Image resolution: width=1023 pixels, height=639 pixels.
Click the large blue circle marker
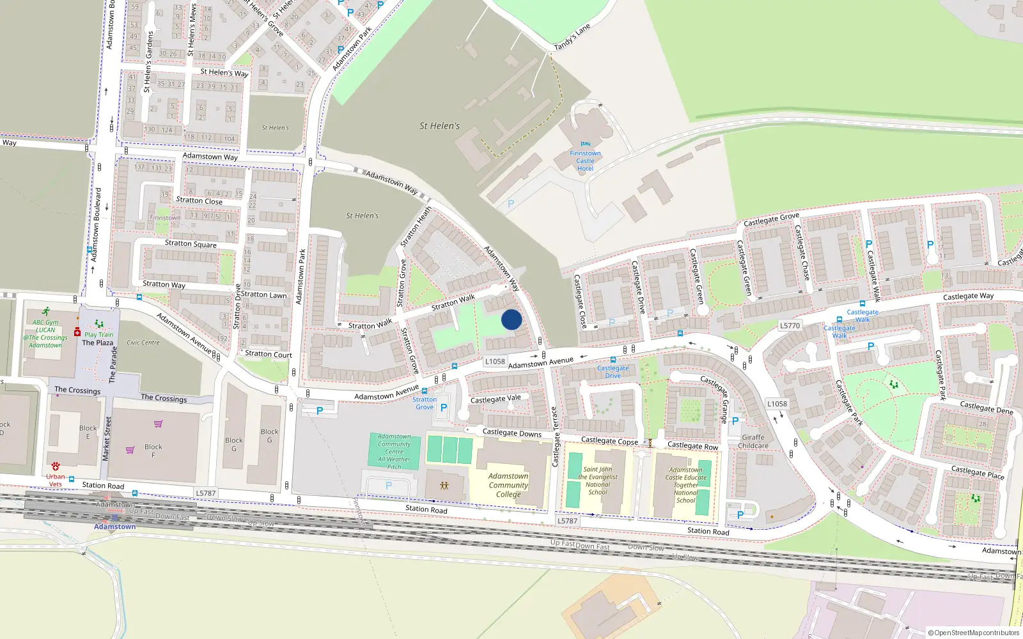point(511,319)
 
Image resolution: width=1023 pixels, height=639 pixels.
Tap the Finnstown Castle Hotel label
point(585,160)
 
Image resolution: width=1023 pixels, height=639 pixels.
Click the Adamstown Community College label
point(508,485)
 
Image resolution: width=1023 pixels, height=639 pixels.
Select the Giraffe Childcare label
point(753,442)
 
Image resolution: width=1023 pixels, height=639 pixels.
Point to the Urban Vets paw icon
point(56,466)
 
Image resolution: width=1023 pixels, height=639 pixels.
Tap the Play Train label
point(98,334)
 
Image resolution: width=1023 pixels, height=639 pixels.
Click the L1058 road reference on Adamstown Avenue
point(495,361)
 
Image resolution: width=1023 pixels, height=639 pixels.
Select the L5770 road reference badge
point(790,325)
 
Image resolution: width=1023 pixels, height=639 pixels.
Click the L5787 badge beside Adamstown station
point(206,493)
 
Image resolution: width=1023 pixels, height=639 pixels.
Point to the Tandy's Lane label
point(572,38)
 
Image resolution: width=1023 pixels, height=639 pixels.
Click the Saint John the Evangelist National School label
point(598,481)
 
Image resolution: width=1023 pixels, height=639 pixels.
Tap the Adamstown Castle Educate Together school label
point(686,484)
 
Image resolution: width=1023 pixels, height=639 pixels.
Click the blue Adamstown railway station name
point(115,527)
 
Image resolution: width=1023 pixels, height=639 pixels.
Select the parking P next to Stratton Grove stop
point(444,408)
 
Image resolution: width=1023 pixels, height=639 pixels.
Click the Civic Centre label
point(143,343)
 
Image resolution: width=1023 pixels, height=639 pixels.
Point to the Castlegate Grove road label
point(771,220)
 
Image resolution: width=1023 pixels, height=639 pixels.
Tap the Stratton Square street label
point(191,243)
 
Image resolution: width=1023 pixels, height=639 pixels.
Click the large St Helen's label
point(439,126)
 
